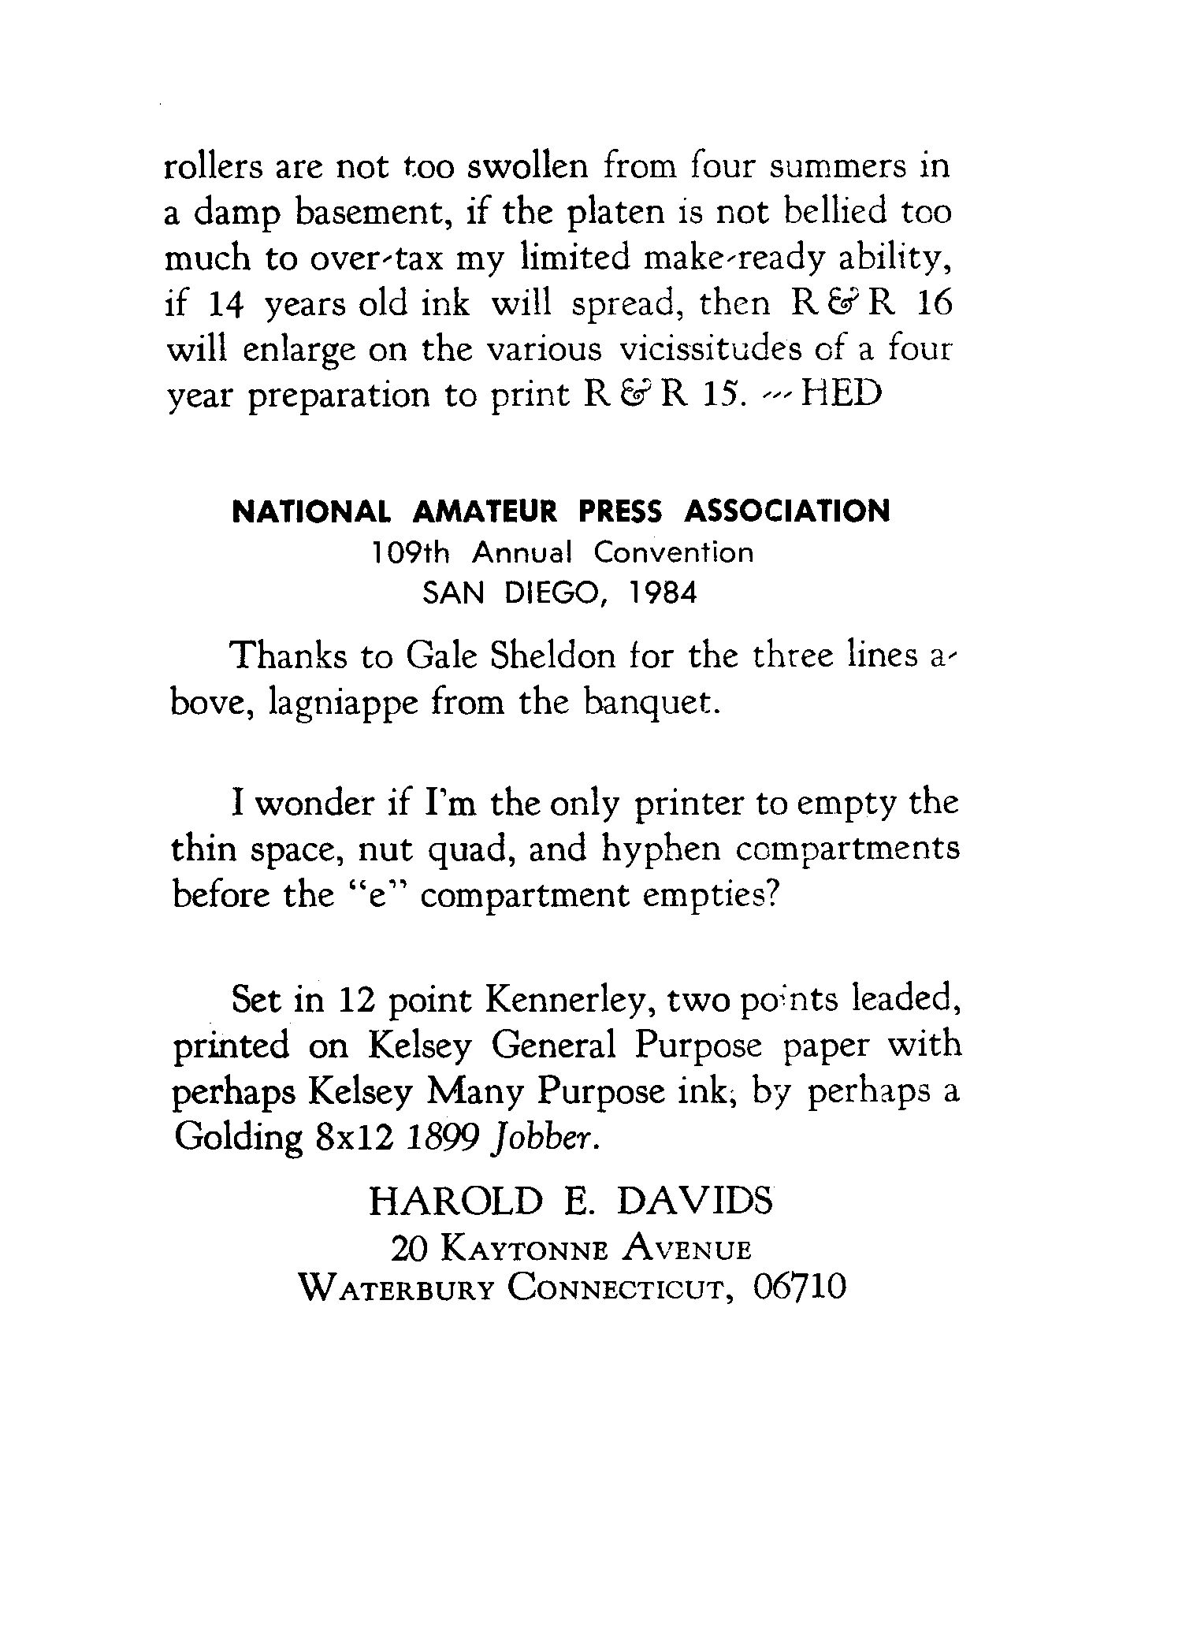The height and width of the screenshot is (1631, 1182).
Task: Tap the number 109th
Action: (411, 553)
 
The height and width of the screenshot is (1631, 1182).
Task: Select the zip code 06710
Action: (799, 1287)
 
